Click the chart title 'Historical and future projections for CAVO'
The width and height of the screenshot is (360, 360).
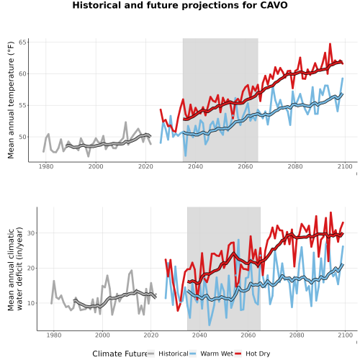tap(180, 5)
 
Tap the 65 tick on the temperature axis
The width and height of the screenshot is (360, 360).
tap(22, 42)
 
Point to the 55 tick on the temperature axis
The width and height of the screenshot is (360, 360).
tap(22, 105)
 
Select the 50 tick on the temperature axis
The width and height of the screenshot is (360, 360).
tap(22, 137)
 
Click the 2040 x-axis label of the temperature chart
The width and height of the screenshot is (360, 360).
tap(195, 166)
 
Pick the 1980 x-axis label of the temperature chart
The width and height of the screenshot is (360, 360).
tap(46, 166)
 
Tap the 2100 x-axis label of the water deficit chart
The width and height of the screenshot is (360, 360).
tap(345, 335)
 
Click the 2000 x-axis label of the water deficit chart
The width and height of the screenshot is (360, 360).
tap(102, 335)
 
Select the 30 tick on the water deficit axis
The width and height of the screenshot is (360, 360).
tap(31, 233)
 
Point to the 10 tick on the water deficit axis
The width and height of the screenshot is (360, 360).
tap(31, 303)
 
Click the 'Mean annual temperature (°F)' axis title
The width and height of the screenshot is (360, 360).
tap(11, 100)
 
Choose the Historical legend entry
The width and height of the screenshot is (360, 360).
tap(168, 354)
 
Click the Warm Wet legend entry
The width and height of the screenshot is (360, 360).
tap(211, 354)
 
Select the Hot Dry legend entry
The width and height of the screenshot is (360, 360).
tap(252, 354)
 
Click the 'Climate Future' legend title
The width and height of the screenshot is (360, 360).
tap(120, 354)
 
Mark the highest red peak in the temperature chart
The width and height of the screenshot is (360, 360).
tap(330, 44)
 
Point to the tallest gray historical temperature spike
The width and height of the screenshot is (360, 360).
tap(125, 122)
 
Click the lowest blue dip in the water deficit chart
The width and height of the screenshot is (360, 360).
tap(210, 325)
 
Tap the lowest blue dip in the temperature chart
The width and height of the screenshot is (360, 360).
tap(185, 156)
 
